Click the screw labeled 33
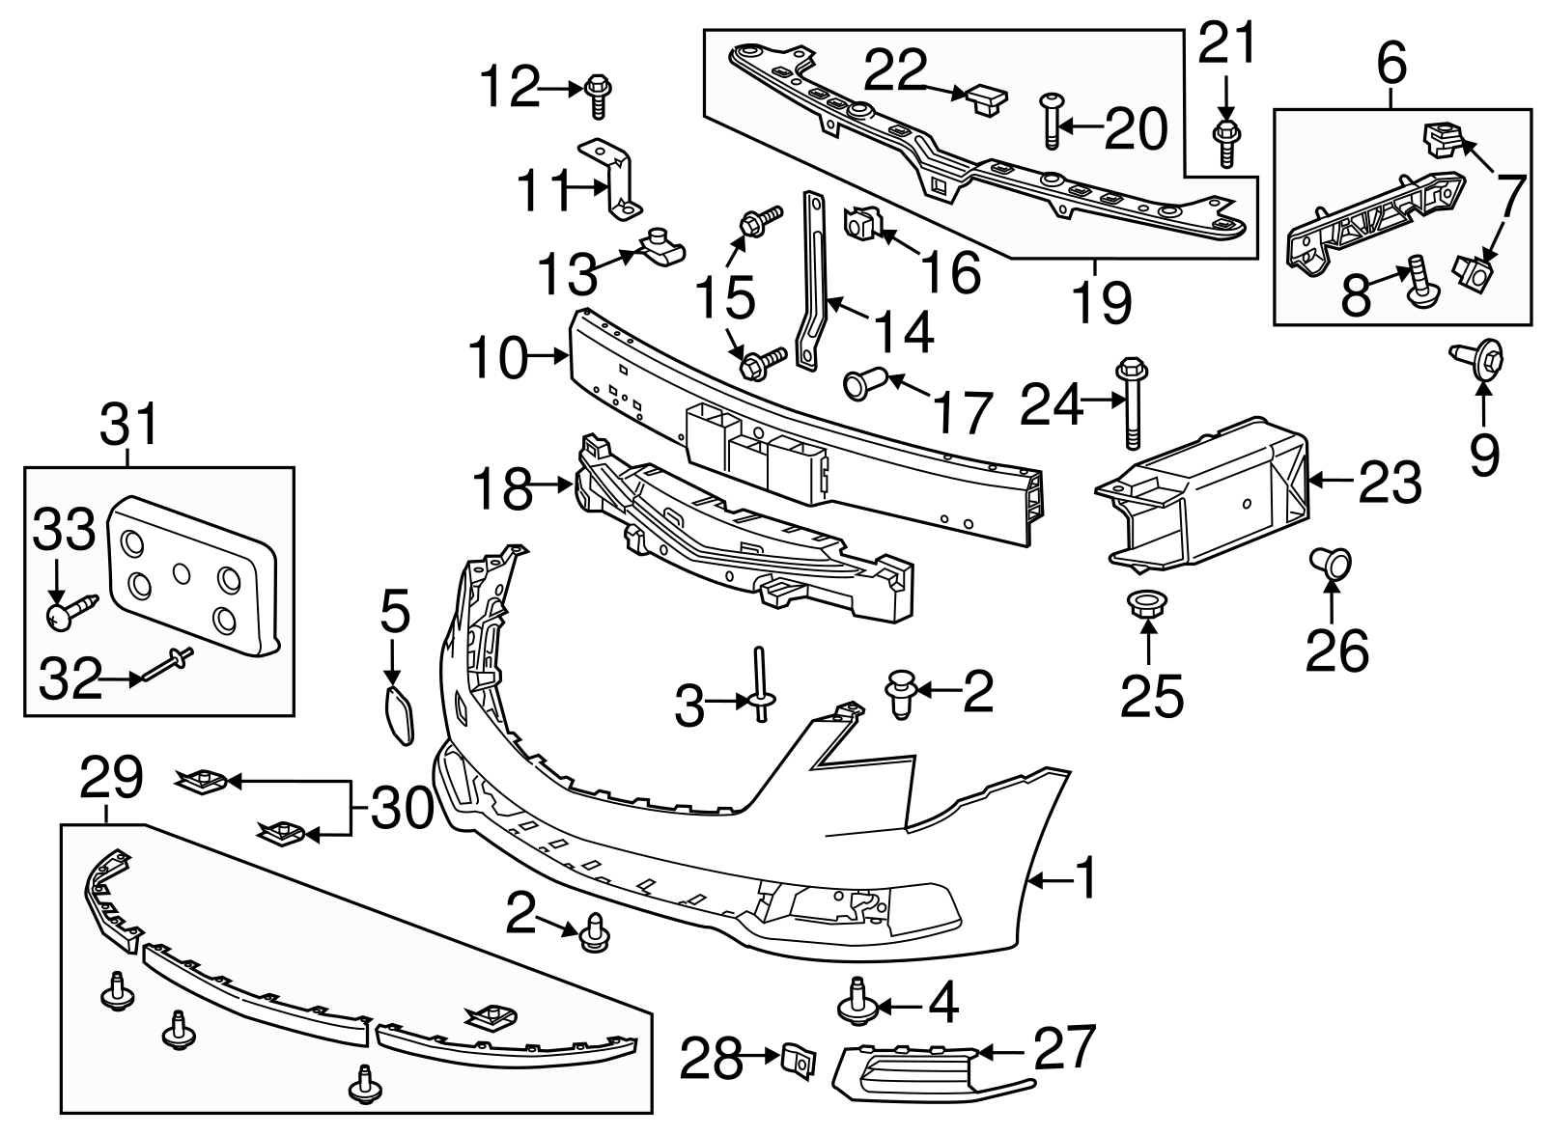coord(70,611)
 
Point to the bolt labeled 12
coord(598,97)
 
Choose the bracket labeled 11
coord(612,180)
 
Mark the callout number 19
coord(1101,301)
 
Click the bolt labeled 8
coord(1419,280)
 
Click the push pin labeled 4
coord(854,1002)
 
